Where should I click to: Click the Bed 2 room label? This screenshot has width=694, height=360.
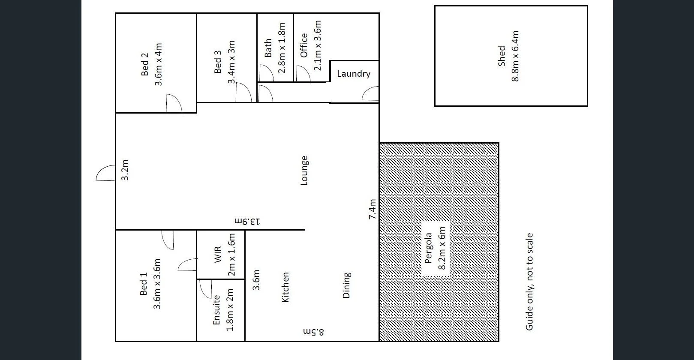[x=145, y=64]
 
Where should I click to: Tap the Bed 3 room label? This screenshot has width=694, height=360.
[x=218, y=62]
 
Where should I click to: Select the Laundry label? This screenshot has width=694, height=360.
[x=354, y=74]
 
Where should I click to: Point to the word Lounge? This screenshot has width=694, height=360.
[x=304, y=171]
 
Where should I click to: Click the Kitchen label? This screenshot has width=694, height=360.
[x=285, y=287]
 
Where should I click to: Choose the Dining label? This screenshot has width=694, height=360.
[x=347, y=285]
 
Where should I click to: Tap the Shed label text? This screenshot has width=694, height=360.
[x=502, y=56]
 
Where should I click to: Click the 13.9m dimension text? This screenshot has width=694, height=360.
[x=247, y=222]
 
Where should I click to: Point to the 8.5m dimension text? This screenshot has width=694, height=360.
[x=314, y=331]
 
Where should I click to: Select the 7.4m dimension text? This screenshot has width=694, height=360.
[x=373, y=210]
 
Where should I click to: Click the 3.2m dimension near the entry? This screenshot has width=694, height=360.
[x=125, y=170]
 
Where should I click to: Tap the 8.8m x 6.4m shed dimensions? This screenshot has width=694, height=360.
[x=515, y=56]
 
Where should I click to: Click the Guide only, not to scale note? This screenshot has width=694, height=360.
[x=529, y=282]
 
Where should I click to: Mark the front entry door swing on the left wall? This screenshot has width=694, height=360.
[x=105, y=173]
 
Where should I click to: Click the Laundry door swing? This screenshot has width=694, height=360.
[x=371, y=93]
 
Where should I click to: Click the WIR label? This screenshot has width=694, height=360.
[x=217, y=255]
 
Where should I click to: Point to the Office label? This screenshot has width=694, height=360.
[x=304, y=45]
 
